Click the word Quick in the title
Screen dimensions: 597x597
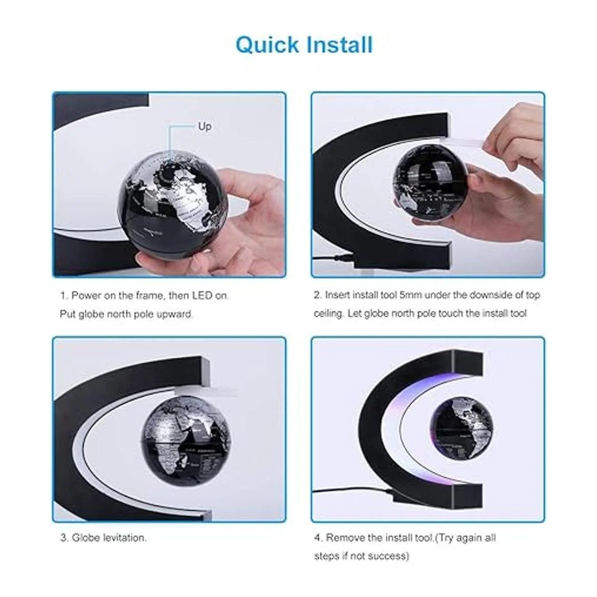[267, 45]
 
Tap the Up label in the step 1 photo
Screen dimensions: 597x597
[205, 126]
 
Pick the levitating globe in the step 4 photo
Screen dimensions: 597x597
[462, 429]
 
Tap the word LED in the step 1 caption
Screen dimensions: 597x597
[202, 295]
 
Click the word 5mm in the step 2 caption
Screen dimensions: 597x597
[410, 295]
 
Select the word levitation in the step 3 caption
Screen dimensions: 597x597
[124, 537]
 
